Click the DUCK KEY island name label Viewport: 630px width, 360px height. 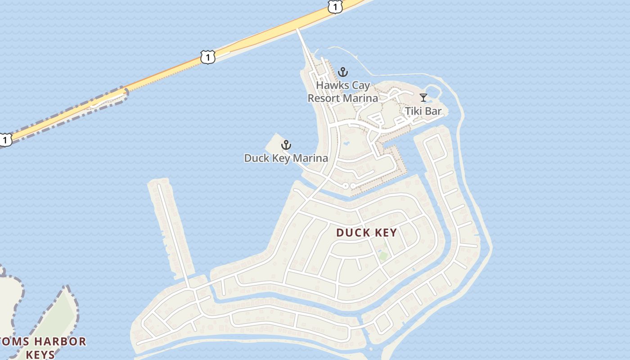(x=367, y=232)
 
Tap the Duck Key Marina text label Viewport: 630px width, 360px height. (x=286, y=158)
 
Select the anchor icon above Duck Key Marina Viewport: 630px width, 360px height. (x=286, y=145)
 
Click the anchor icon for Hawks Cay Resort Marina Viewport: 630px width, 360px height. (x=343, y=72)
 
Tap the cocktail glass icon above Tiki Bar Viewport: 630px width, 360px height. (x=423, y=97)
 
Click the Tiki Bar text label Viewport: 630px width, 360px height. (x=423, y=111)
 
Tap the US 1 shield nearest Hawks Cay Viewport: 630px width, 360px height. (x=207, y=57)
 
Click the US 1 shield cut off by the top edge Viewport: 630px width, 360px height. (x=335, y=6)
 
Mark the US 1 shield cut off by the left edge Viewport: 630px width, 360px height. (x=4, y=139)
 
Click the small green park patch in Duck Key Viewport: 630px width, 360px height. (x=383, y=256)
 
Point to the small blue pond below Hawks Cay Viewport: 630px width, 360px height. (x=346, y=143)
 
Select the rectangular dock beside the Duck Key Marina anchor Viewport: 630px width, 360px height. (x=274, y=145)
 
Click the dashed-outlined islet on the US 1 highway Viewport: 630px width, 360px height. (x=110, y=98)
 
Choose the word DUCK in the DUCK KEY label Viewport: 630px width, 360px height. (x=352, y=232)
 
